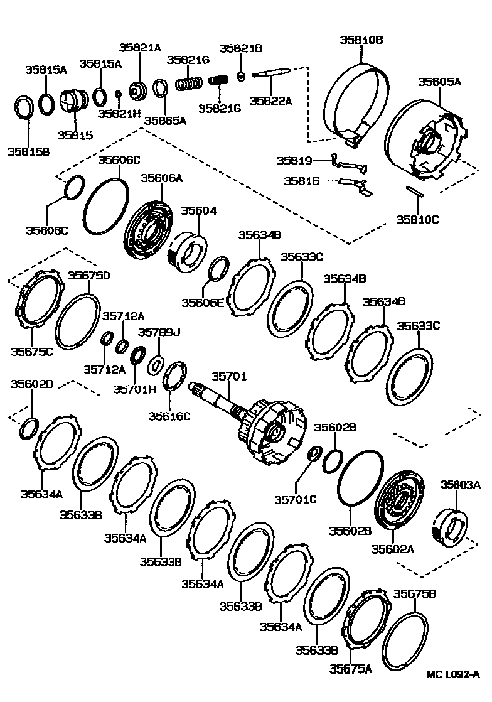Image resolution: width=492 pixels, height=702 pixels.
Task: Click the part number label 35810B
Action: (361, 40)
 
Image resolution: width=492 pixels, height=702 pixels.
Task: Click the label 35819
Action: (294, 161)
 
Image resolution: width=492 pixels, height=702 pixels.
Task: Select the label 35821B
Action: (241, 48)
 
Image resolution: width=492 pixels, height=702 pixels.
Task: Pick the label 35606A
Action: (161, 178)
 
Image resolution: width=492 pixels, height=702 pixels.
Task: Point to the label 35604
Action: (199, 210)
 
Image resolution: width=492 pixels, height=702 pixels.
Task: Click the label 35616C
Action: (169, 415)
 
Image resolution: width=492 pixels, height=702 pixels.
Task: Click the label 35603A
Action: (460, 484)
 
